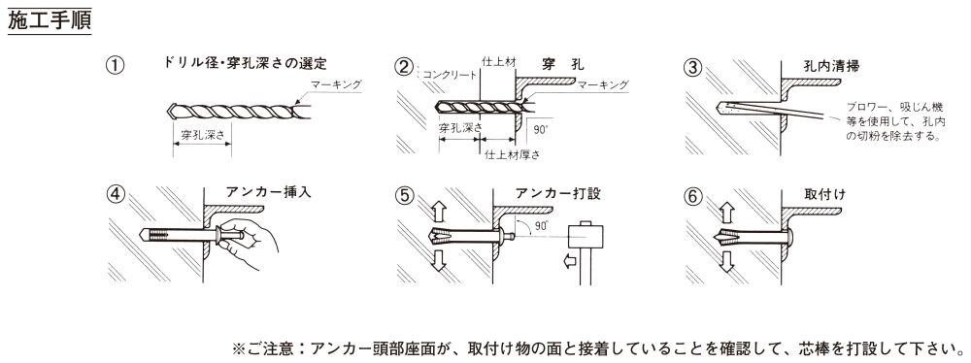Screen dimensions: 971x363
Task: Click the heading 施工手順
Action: pyautogui.click(x=50, y=19)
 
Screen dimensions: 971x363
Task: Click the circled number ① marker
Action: pyautogui.click(x=115, y=65)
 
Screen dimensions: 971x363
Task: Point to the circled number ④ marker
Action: pyautogui.click(x=115, y=194)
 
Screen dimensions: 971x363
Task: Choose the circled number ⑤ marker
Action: pyautogui.click(x=405, y=194)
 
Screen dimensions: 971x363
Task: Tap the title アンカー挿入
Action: pyautogui.click(x=268, y=192)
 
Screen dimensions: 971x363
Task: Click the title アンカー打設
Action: pyautogui.click(x=558, y=193)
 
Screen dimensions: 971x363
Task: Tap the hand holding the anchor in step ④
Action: pyautogui.click(x=248, y=244)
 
